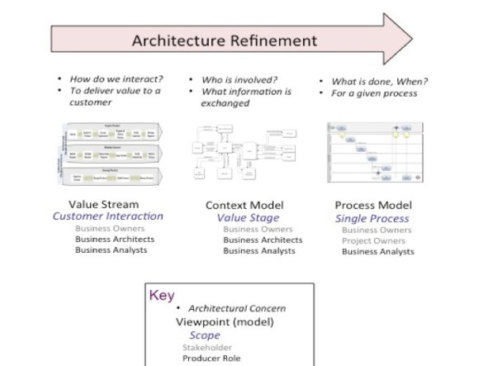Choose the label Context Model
[x=244, y=205]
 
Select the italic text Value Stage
[x=244, y=217]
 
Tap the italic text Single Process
[x=372, y=219]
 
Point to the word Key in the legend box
[x=163, y=295]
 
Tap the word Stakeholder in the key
[x=208, y=347]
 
